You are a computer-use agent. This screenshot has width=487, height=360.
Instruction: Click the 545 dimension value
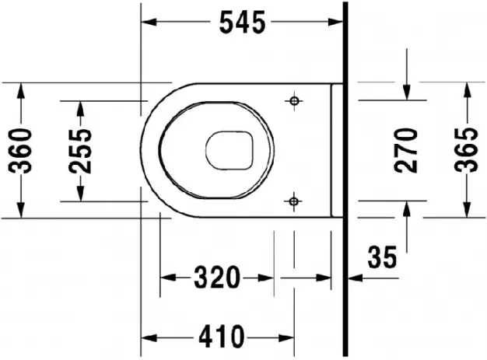(243, 22)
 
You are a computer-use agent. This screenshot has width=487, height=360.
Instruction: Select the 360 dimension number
(20, 151)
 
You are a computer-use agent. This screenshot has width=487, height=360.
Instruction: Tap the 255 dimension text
(80, 151)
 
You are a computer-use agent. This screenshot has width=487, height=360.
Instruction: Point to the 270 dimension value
(406, 150)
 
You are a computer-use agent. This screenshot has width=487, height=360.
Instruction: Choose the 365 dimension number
(466, 150)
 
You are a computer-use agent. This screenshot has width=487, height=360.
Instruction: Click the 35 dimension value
(382, 257)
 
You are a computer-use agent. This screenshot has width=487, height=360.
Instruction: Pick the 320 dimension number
(217, 277)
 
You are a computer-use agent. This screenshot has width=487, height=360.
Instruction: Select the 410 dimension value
(222, 337)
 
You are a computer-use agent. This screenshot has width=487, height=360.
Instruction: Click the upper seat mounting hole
(294, 100)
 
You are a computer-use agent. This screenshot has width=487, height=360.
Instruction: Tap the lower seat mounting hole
(293, 201)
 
